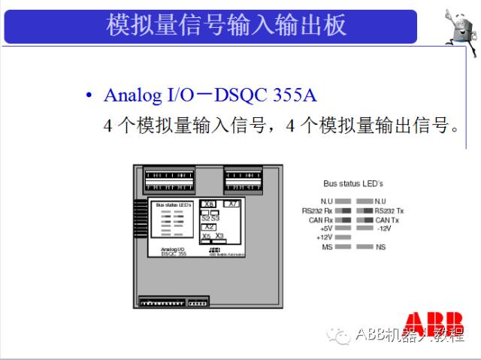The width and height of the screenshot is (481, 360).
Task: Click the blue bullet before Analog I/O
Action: [x=89, y=95]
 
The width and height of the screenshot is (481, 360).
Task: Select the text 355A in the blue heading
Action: [x=294, y=95]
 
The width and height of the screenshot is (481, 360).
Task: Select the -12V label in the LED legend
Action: [x=384, y=228]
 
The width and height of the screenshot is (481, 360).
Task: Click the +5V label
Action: [x=325, y=228]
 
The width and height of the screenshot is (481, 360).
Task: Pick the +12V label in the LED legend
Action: [x=324, y=237]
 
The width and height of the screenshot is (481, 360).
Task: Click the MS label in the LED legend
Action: [x=327, y=247]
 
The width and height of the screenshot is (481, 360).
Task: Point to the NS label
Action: [x=380, y=247]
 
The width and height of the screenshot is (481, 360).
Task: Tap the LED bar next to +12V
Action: [x=343, y=237]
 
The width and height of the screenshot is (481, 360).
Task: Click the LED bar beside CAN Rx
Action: [x=343, y=219]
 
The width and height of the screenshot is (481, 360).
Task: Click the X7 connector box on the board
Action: [x=233, y=204]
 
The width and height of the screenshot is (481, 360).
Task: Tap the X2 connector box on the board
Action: [x=210, y=226]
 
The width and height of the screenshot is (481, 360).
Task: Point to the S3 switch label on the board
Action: [x=216, y=218]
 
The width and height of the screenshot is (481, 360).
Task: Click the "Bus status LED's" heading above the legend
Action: [x=353, y=183]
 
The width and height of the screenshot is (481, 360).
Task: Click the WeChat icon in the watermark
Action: [x=341, y=334]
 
